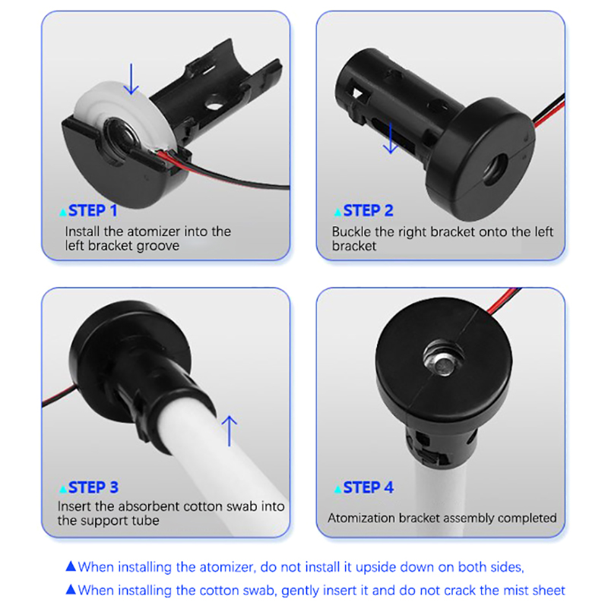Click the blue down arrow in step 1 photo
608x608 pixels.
[132, 78]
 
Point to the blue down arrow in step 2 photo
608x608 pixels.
[390, 139]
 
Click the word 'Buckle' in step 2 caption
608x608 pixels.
[353, 232]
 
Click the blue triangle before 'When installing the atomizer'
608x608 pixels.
[71, 566]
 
